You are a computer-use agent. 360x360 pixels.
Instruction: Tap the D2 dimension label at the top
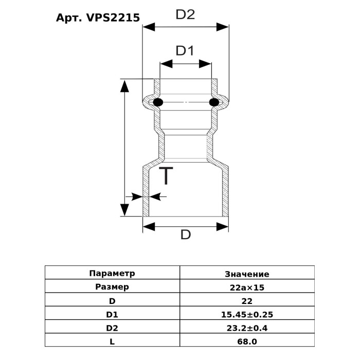coord(185,14)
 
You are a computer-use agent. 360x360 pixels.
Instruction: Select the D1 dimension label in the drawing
coord(185,51)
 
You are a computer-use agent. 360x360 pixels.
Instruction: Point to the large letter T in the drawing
coord(166,176)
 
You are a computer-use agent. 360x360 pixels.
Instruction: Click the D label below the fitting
coord(186,235)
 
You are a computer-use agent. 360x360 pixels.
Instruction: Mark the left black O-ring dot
coord(158,102)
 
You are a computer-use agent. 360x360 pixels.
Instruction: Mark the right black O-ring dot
coord(214,102)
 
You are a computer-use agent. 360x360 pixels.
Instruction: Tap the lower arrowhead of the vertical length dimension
coord(124,210)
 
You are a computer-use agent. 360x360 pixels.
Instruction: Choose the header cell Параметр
coord(112,274)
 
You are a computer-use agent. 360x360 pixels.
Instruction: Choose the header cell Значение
coord(247,274)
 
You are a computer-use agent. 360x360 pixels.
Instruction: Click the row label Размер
coord(112,287)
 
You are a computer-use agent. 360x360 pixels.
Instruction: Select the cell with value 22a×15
coord(247,287)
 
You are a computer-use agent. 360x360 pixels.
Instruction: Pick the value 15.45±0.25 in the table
coord(247,314)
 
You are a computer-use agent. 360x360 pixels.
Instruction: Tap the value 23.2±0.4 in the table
coord(247,328)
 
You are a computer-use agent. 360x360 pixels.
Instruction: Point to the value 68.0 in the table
coord(247,341)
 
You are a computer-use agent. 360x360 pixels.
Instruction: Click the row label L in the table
coord(112,341)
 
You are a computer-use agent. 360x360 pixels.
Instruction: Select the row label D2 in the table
coord(112,328)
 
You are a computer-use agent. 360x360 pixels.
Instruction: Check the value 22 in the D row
coord(247,301)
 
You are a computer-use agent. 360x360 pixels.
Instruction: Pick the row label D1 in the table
coord(112,314)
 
